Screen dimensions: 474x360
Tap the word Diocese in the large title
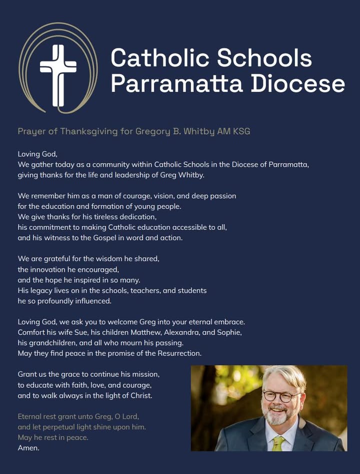(x=297, y=84)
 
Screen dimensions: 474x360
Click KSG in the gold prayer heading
(x=241, y=132)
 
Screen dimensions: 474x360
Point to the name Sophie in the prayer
(x=230, y=332)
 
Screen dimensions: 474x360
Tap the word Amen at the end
(x=28, y=448)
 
